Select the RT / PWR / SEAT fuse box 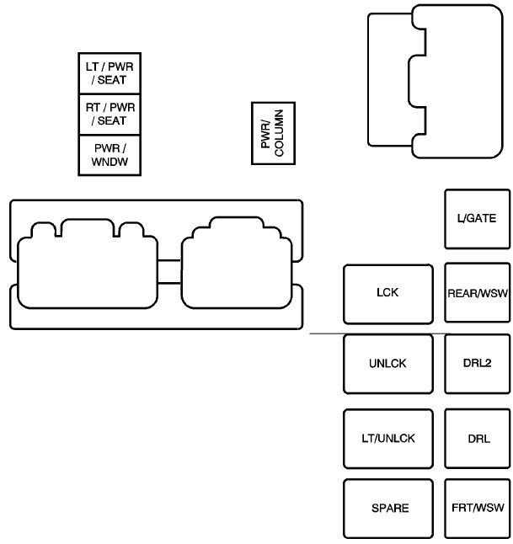coord(109,114)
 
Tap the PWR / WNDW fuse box coord(109,155)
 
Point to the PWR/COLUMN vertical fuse coord(272,132)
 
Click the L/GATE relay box coord(477,218)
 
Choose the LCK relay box coord(387,293)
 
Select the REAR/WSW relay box coord(477,293)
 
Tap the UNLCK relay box coord(387,364)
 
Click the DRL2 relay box coord(477,364)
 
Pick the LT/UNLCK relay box coord(387,439)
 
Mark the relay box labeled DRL coord(477,439)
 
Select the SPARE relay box coord(387,509)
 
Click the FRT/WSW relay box coord(477,509)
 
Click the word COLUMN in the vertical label coord(279,132)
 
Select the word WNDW coord(109,161)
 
